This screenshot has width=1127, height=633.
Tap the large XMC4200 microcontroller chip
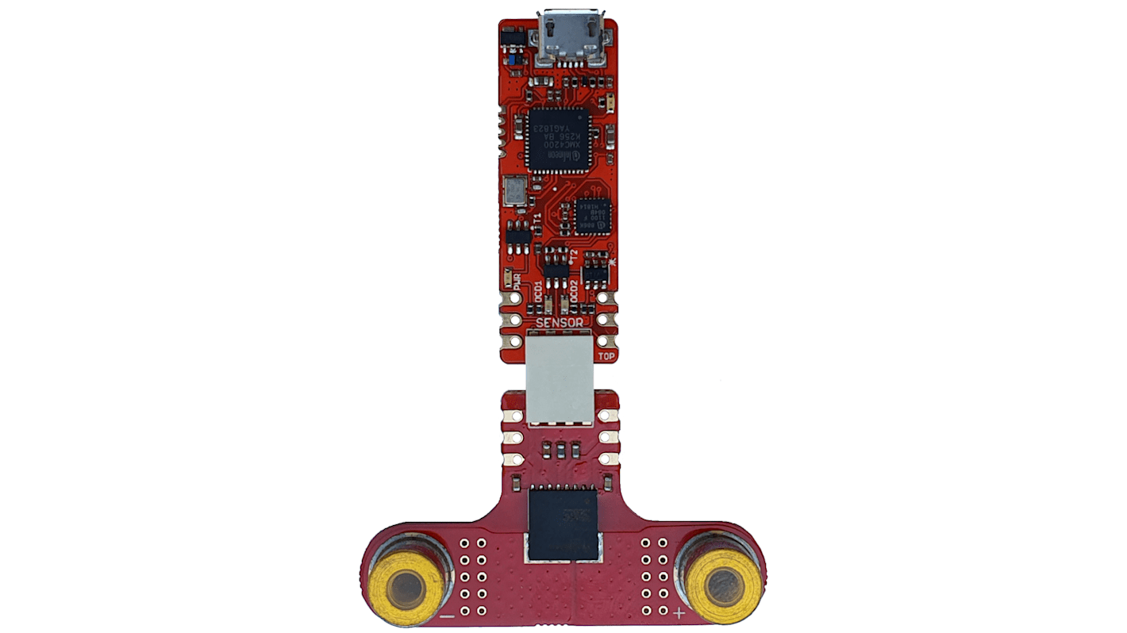[558, 140]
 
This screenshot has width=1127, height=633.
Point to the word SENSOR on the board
[560, 323]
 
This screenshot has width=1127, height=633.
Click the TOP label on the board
[606, 356]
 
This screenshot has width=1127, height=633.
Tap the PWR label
[517, 282]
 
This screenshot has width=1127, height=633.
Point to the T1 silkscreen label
[537, 218]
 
